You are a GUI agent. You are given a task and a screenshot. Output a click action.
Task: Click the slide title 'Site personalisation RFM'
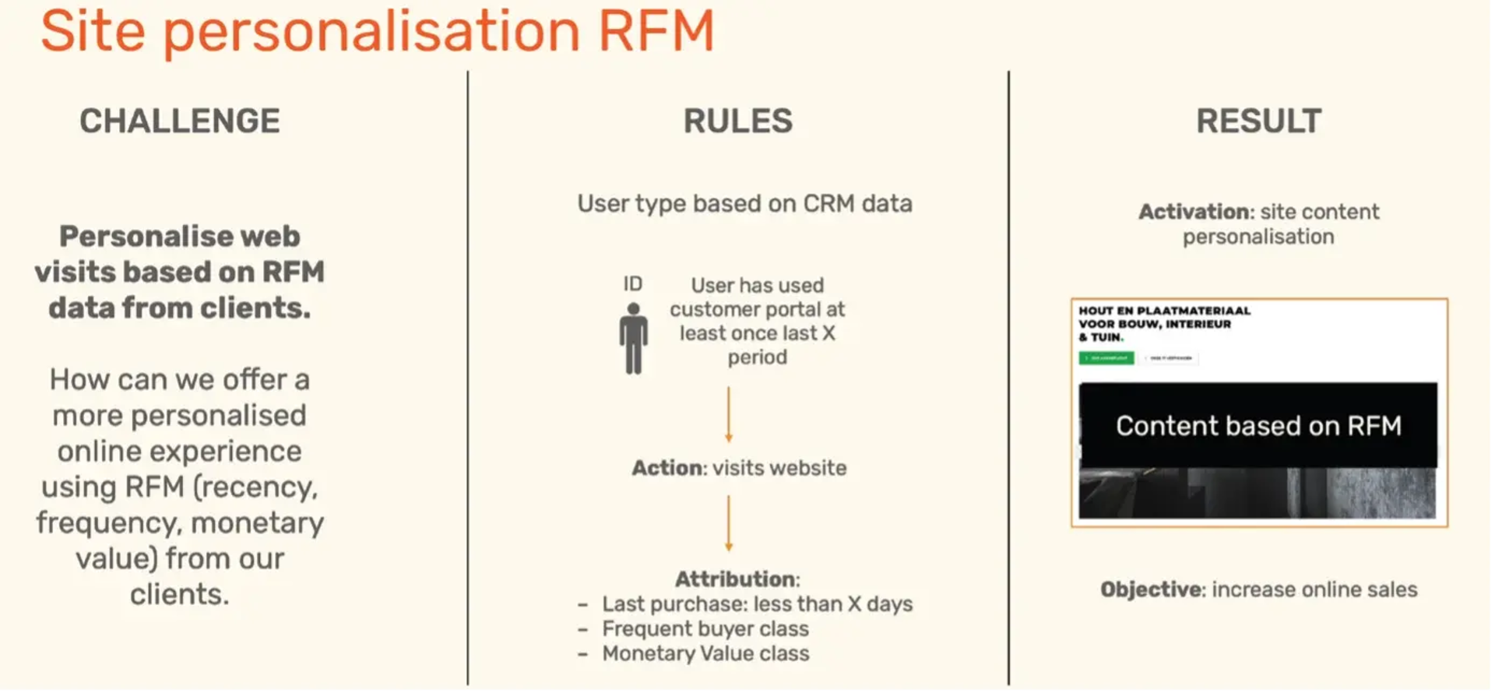377,31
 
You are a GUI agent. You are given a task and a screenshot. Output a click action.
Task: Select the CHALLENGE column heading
180,121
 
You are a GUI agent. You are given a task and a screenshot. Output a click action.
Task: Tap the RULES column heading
737,121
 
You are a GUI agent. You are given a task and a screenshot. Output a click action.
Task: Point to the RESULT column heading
1258,121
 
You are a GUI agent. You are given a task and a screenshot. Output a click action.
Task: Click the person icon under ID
633,338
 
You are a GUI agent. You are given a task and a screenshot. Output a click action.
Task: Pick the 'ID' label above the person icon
632,284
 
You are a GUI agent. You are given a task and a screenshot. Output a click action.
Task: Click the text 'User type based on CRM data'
744,204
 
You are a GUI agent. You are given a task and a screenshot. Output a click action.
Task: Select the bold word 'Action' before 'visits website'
667,468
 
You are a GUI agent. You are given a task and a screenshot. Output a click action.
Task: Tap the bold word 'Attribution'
736,579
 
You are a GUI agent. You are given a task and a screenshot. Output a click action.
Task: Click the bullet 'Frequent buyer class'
705,629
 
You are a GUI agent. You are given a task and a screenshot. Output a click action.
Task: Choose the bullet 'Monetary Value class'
705,654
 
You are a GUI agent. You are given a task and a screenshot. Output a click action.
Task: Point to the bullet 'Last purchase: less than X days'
757,604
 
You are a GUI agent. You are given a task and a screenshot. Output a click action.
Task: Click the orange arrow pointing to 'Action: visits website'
729,414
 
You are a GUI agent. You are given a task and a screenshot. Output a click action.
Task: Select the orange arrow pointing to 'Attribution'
729,523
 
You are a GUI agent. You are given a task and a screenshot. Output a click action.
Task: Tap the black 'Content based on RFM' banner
1258,425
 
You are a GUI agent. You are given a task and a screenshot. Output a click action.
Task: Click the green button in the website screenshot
1106,358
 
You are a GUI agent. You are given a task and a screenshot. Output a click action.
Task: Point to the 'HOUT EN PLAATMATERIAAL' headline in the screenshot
1165,311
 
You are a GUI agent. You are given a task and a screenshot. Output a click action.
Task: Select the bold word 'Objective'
1152,590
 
